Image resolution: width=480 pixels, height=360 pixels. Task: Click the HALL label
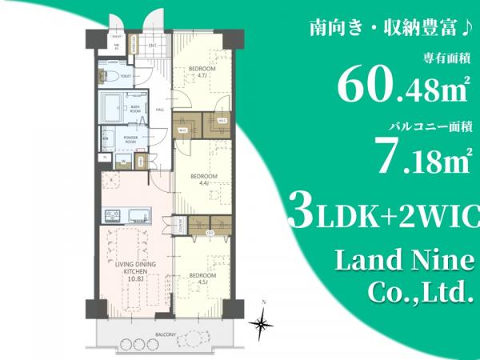coord(159,110)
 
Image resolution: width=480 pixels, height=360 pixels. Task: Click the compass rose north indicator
coord(261,322)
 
